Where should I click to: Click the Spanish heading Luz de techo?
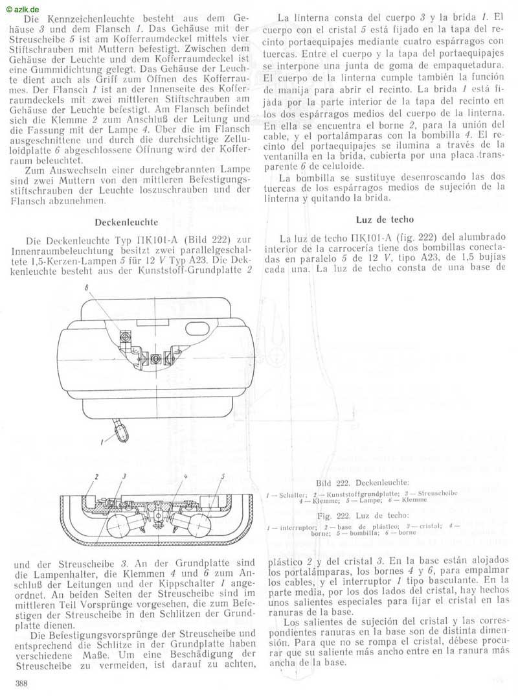(385, 220)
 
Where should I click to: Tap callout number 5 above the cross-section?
(222, 476)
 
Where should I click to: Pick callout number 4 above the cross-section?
(186, 476)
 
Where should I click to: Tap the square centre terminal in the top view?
(155, 358)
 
